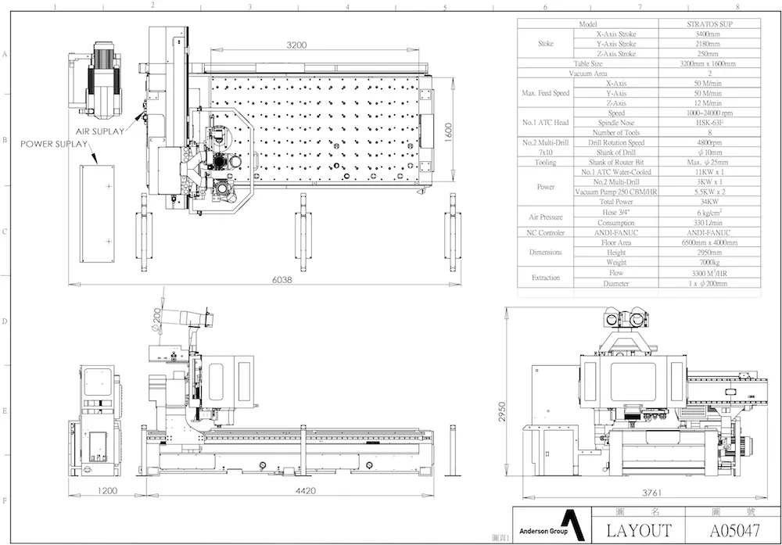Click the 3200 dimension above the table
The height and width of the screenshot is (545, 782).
pyautogui.click(x=296, y=45)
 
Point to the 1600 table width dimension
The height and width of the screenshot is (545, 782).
pyautogui.click(x=448, y=133)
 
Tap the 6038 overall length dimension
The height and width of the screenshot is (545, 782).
pyautogui.click(x=282, y=280)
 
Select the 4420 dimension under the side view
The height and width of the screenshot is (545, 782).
pyautogui.click(x=306, y=490)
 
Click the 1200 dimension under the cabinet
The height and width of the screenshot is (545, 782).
pyautogui.click(x=107, y=490)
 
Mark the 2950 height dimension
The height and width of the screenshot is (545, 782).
pyautogui.click(x=502, y=412)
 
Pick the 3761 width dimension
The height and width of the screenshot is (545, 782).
pyautogui.click(x=652, y=493)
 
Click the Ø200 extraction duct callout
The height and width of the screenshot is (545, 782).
pyautogui.click(x=156, y=321)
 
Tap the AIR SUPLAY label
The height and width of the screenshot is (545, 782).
pyautogui.click(x=100, y=131)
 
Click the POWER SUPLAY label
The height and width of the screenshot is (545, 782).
pyautogui.click(x=54, y=144)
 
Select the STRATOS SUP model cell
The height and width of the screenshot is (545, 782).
pyautogui.click(x=710, y=24)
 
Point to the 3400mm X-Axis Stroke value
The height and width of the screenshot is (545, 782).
pyautogui.click(x=708, y=34)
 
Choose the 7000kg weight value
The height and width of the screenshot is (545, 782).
pyautogui.click(x=708, y=262)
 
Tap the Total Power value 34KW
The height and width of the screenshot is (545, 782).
pyautogui.click(x=709, y=202)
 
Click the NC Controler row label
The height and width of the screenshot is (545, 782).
pyautogui.click(x=546, y=233)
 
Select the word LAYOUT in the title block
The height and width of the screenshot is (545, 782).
pyautogui.click(x=639, y=531)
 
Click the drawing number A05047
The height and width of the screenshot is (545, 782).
pyautogui.click(x=735, y=531)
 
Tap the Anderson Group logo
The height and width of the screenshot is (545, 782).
pyautogui.click(x=551, y=525)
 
